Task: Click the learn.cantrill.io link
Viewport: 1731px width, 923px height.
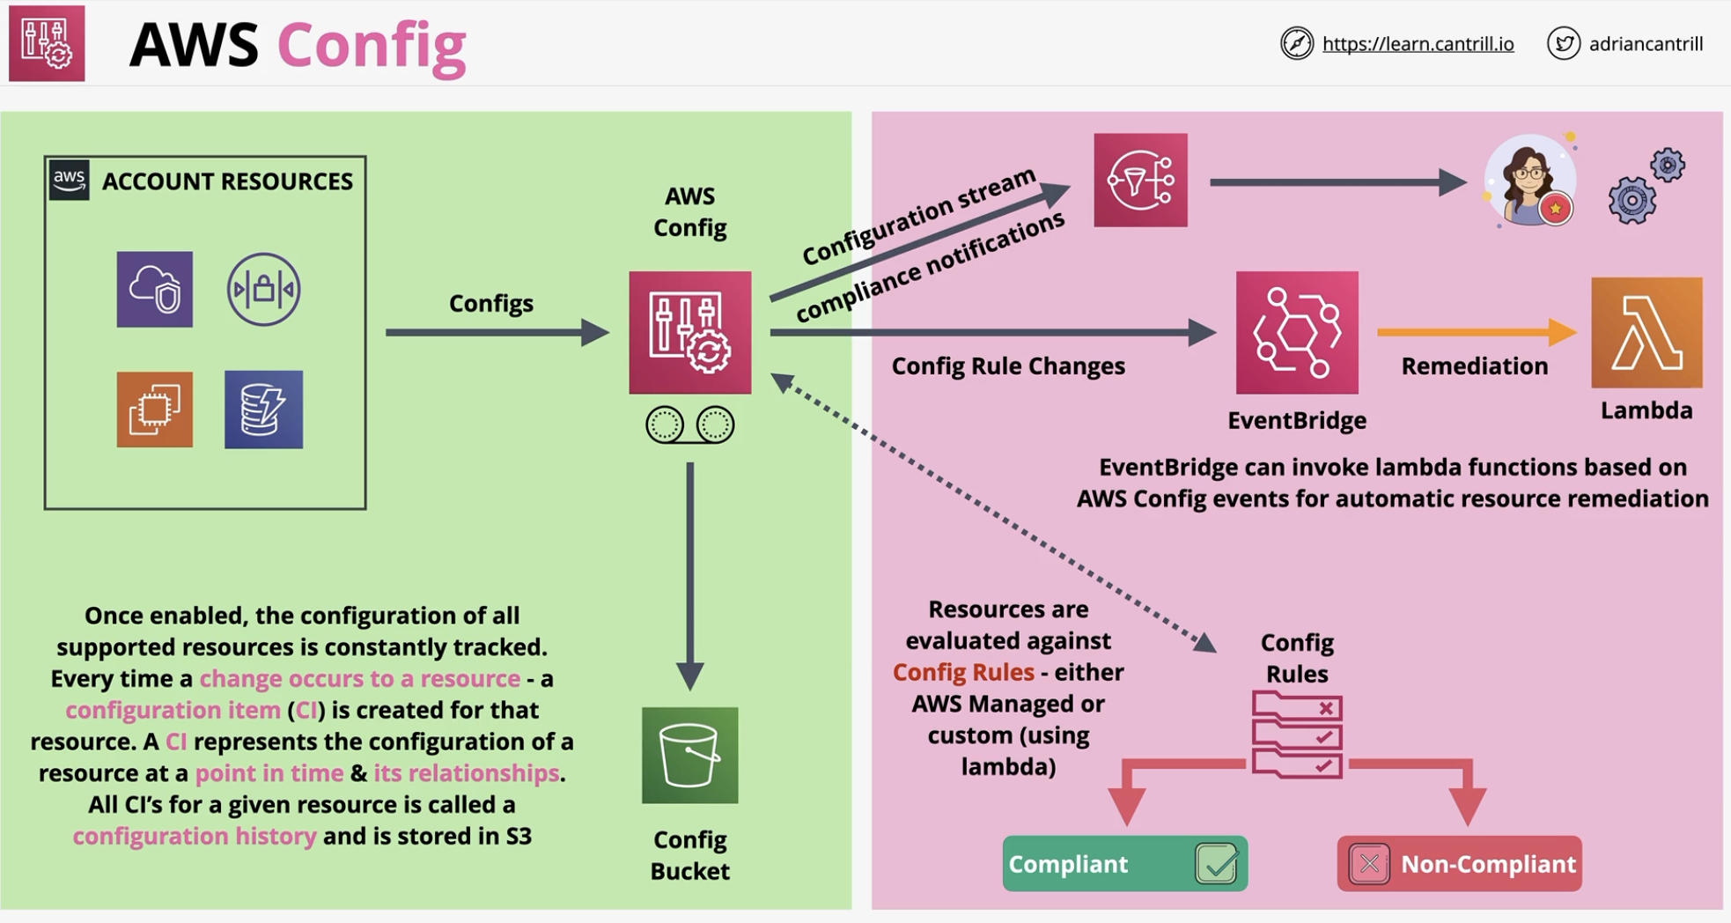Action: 1418,44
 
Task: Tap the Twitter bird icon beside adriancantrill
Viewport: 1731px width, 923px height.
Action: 1564,43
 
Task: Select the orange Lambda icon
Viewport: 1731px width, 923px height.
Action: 1646,333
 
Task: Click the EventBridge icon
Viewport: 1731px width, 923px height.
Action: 1297,333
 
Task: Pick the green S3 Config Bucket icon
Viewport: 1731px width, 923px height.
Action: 690,755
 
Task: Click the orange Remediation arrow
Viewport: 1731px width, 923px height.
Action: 1477,332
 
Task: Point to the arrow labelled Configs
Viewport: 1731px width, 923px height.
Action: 497,332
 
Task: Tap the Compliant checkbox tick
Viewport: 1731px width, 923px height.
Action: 1217,863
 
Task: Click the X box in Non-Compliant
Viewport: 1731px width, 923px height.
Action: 1369,864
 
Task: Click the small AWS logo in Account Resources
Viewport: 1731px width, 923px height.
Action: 69,180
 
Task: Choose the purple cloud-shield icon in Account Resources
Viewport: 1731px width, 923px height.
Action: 155,289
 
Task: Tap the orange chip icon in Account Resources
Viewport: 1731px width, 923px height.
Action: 155,410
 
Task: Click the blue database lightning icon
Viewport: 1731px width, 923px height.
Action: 263,410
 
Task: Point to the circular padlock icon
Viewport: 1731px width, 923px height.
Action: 263,289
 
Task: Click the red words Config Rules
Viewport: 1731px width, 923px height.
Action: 963,672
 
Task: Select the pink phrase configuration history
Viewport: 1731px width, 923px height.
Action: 195,836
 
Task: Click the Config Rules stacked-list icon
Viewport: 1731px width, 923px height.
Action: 1297,735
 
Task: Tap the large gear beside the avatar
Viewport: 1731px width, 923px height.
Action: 1632,201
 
